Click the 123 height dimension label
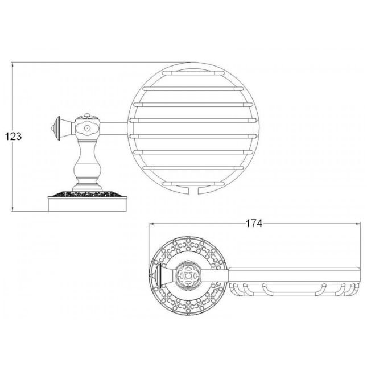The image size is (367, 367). tap(13, 136)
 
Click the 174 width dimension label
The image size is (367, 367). tap(254, 224)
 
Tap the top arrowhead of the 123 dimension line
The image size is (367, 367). tap(13, 65)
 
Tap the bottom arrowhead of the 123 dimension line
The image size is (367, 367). tap(13, 209)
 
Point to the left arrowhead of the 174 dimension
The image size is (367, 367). tap(151, 224)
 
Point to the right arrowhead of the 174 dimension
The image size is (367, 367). tap(358, 224)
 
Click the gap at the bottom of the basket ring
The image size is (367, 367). tap(193, 190)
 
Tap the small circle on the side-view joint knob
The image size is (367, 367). tap(87, 128)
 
